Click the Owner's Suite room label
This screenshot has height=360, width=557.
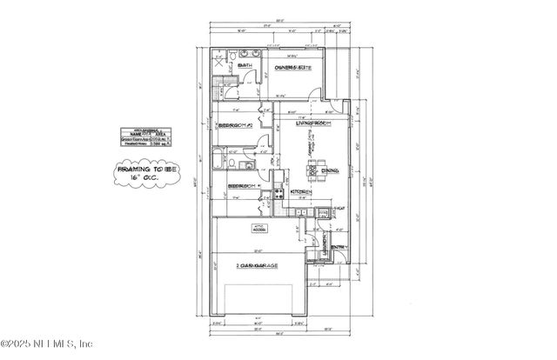click(294, 68)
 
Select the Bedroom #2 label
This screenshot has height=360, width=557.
click(235, 125)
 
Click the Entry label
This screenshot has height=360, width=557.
click(339, 247)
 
